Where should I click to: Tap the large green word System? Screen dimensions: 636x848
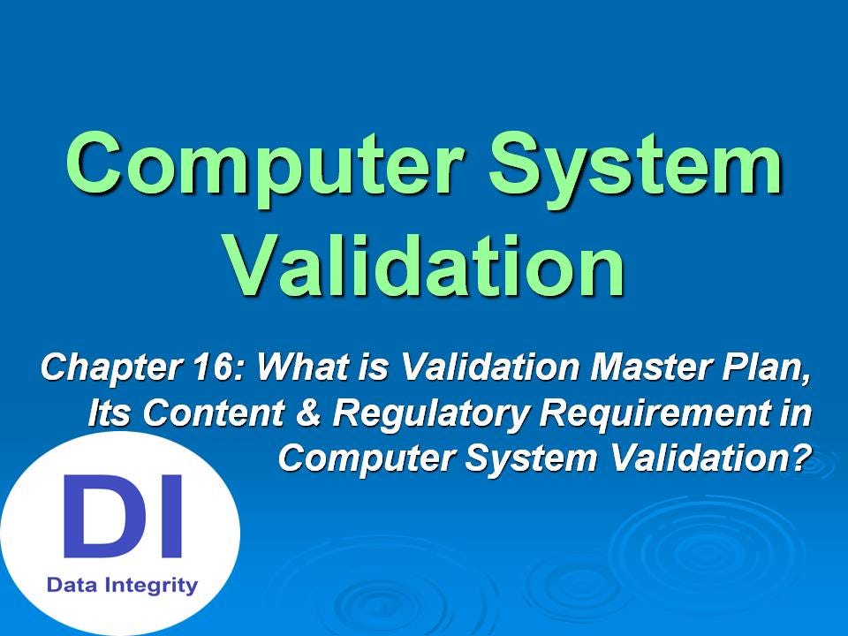coord(641,165)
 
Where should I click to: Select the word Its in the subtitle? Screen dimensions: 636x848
coord(109,413)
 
